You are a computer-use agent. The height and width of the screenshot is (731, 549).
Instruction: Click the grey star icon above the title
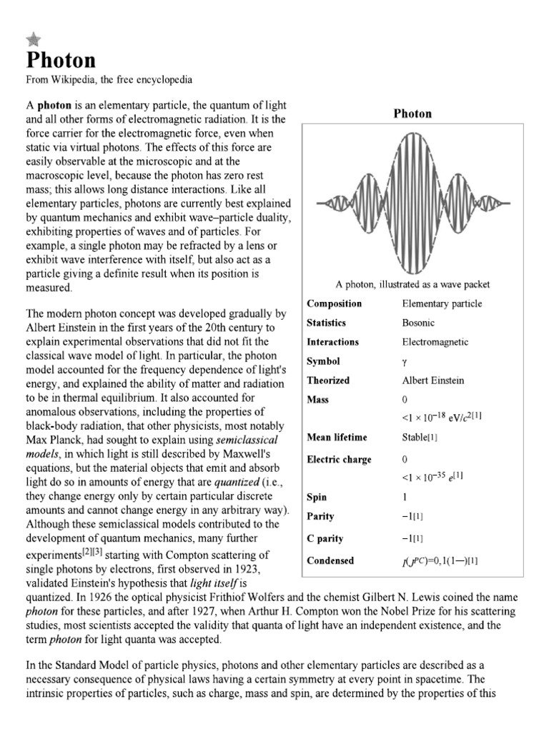pyautogui.click(x=33, y=40)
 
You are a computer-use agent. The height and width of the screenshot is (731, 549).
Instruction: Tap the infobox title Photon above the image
pyautogui.click(x=413, y=114)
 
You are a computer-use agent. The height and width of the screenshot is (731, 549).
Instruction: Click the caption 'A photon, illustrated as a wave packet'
pyautogui.click(x=412, y=284)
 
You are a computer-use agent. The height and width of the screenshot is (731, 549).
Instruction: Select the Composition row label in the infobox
pyautogui.click(x=334, y=303)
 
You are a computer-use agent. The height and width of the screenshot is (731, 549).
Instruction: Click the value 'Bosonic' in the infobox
pyautogui.click(x=418, y=323)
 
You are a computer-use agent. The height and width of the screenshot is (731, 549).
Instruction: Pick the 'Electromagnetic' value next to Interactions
pyautogui.click(x=435, y=342)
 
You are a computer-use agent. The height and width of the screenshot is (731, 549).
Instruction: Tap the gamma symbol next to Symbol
pyautogui.click(x=405, y=362)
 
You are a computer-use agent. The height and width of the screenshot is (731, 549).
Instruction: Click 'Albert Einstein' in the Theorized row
pyautogui.click(x=432, y=380)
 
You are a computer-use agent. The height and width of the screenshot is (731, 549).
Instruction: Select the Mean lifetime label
pyautogui.click(x=337, y=438)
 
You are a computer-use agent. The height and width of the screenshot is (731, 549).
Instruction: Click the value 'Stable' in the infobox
pyautogui.click(x=417, y=438)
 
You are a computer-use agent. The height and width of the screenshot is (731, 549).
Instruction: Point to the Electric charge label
pyautogui.click(x=339, y=459)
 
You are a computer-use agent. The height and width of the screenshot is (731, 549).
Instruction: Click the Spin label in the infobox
pyautogui.click(x=317, y=497)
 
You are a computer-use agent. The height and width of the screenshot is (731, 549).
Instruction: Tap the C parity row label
pyautogui.click(x=325, y=538)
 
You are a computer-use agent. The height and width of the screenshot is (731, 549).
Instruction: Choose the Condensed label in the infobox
pyautogui.click(x=330, y=560)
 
